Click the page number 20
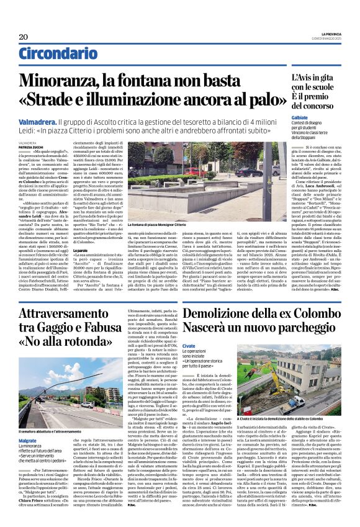(24, 36)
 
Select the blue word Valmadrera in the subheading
(39, 124)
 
